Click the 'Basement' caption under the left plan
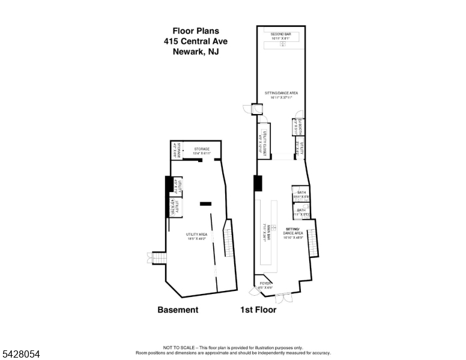click(x=177, y=310)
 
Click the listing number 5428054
click(x=20, y=355)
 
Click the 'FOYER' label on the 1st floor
click(x=265, y=284)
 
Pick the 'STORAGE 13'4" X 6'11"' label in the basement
click(x=201, y=151)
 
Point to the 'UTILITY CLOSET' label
click(x=262, y=142)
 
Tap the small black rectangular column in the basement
click(x=205, y=203)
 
